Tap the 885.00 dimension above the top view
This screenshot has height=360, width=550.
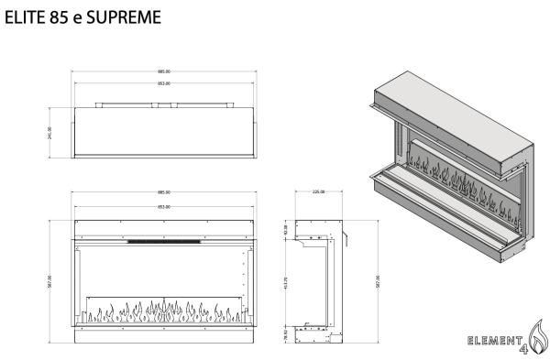coord(164,71)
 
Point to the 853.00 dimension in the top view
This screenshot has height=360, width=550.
coord(164,83)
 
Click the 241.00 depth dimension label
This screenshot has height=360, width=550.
coord(50,130)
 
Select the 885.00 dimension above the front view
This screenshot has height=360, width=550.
coord(164,193)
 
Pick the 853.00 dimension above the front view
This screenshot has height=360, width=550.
coord(164,207)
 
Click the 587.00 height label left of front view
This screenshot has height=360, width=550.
coord(50,279)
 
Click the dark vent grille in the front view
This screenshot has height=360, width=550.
coord(164,242)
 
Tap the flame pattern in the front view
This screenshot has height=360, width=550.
coord(164,312)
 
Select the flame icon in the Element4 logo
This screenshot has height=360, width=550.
coord(537,331)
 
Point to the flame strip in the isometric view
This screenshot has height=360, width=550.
coord(458,179)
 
